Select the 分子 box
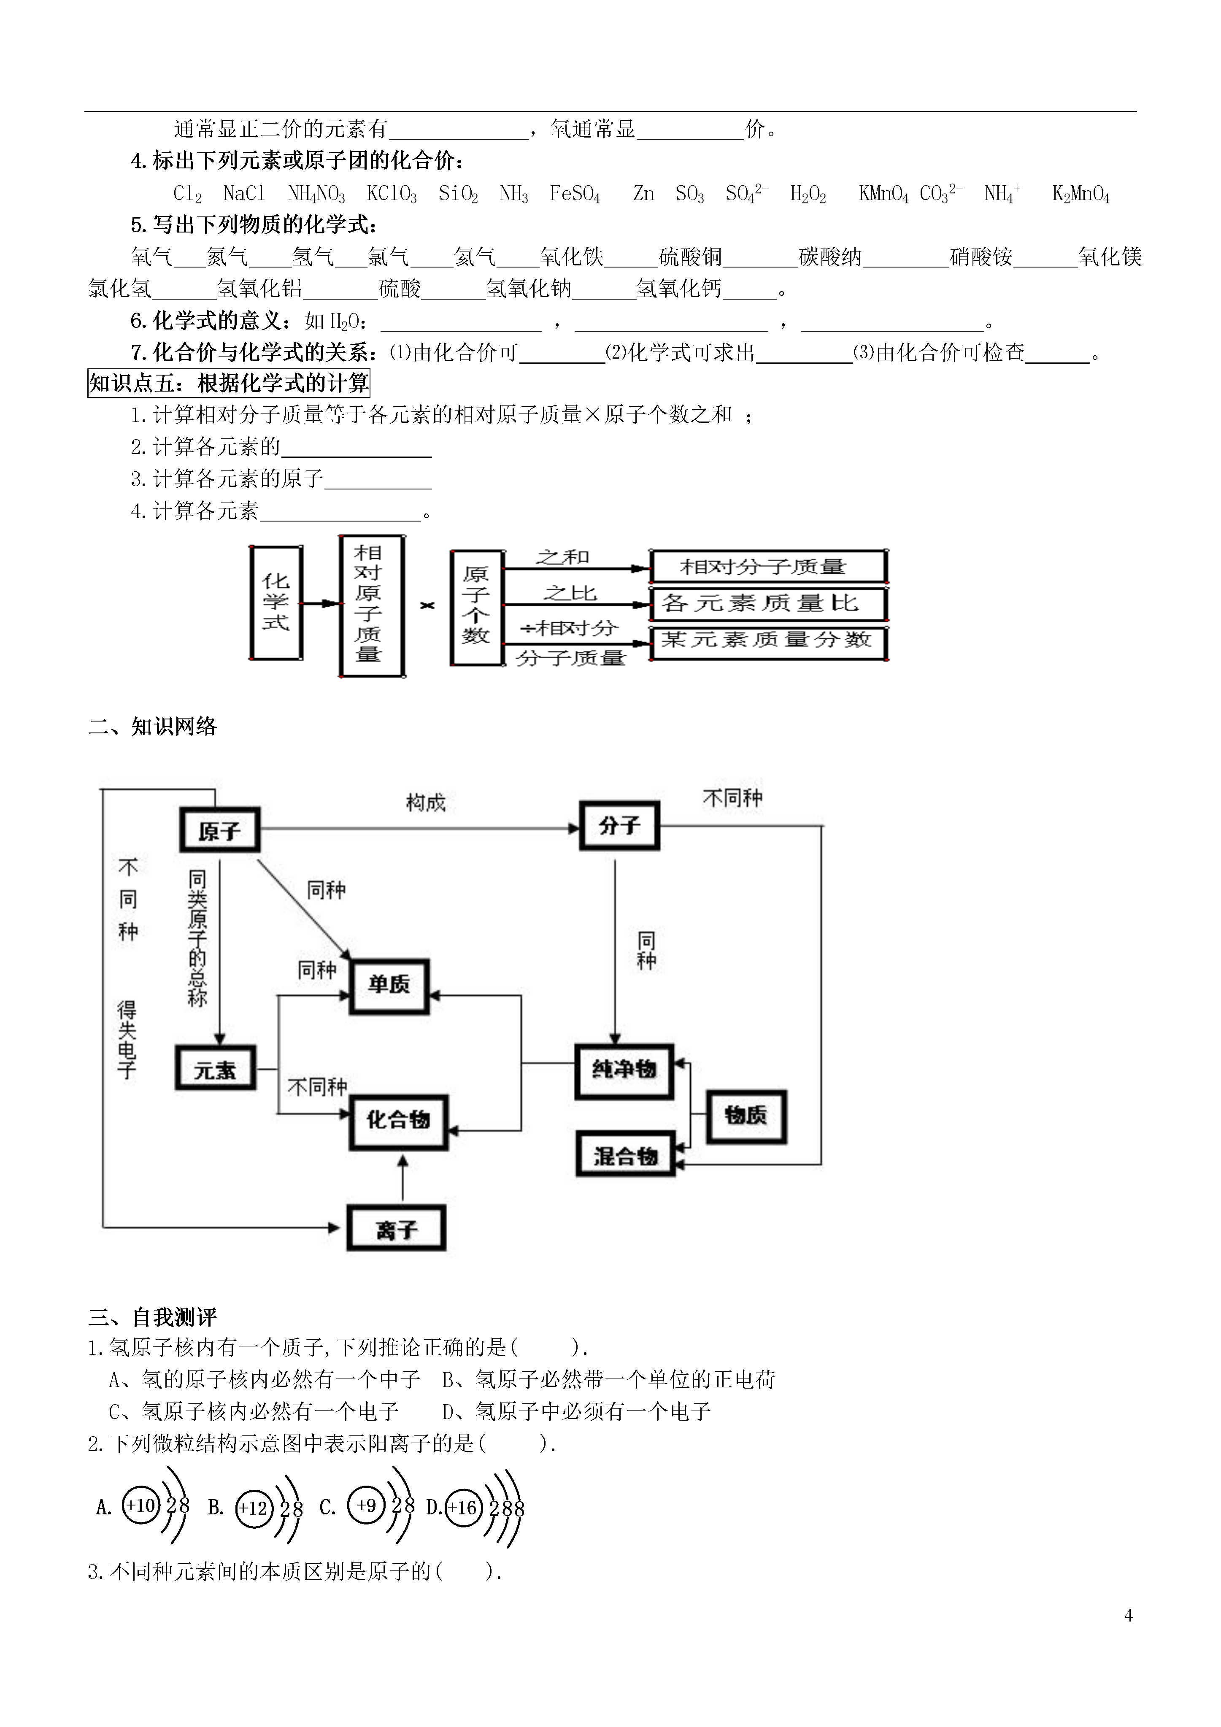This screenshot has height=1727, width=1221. [x=620, y=826]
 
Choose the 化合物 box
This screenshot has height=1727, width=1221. [x=399, y=1122]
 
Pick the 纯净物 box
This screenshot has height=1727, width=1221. [x=624, y=1071]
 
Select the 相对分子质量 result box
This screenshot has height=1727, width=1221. [x=768, y=566]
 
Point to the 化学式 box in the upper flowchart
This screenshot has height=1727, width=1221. [x=276, y=603]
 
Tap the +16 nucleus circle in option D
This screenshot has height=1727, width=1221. [x=463, y=1507]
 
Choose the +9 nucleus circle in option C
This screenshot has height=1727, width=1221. [x=366, y=1506]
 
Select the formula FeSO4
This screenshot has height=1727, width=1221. [x=575, y=194]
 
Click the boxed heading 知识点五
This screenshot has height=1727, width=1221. [x=229, y=384]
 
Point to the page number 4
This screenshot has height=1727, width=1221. [x=1129, y=1616]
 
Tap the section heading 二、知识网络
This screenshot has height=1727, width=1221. [x=153, y=727]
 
